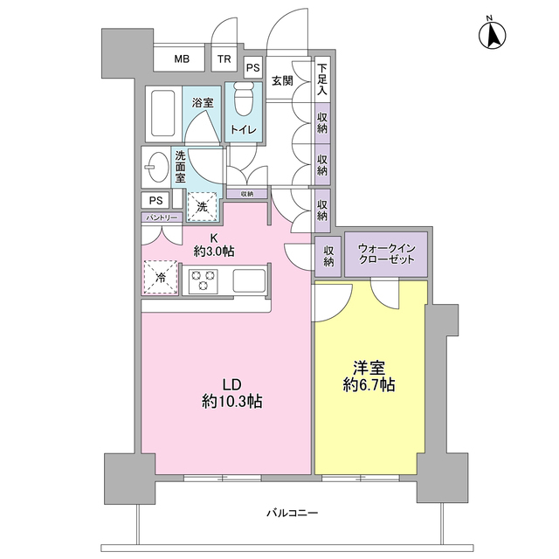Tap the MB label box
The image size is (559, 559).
(182, 59)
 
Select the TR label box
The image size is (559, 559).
(224, 59)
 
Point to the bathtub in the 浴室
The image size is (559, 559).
(161, 114)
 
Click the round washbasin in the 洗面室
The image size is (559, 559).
(158, 165)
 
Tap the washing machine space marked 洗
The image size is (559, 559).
(202, 206)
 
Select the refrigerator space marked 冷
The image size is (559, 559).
(161, 277)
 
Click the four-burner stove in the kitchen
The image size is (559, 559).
(204, 280)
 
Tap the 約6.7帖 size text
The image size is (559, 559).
(370, 384)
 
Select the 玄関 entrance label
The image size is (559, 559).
(281, 82)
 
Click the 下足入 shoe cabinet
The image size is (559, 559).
(322, 79)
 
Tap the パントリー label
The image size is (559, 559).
(161, 216)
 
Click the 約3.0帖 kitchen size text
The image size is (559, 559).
(214, 252)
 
